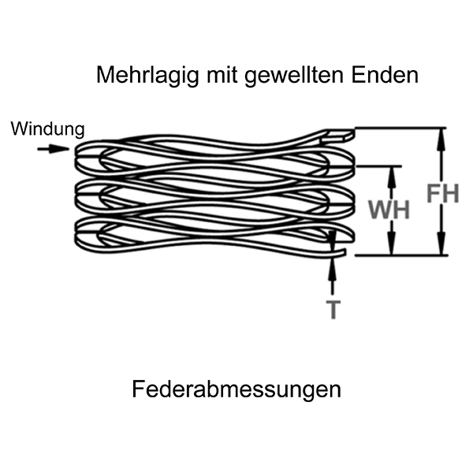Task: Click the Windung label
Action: (x=47, y=128)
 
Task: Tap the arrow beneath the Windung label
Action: (x=53, y=149)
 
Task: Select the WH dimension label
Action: (x=389, y=210)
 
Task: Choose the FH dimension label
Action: (x=442, y=193)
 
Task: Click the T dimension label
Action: (x=333, y=309)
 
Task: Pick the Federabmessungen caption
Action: (x=236, y=389)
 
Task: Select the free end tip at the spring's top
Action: (x=348, y=136)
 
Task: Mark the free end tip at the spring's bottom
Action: (x=345, y=252)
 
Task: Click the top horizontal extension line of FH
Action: (x=402, y=128)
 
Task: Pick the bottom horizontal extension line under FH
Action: (x=402, y=255)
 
